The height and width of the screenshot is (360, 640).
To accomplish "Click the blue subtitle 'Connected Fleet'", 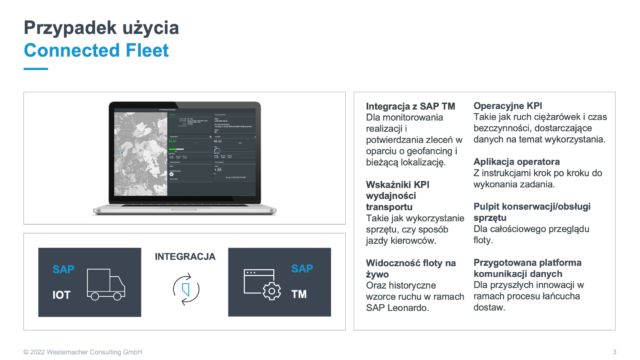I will click(x=97, y=50).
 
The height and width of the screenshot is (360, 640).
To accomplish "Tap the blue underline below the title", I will click(x=36, y=69).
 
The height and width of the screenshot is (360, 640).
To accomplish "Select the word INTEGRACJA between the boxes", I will click(x=185, y=257).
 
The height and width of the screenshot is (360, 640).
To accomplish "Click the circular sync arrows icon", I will click(x=184, y=289).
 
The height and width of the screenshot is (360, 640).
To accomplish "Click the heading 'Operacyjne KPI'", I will click(x=508, y=105).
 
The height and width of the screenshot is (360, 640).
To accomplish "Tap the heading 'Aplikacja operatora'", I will click(x=520, y=161).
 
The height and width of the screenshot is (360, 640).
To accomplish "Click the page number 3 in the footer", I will click(x=613, y=351).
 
